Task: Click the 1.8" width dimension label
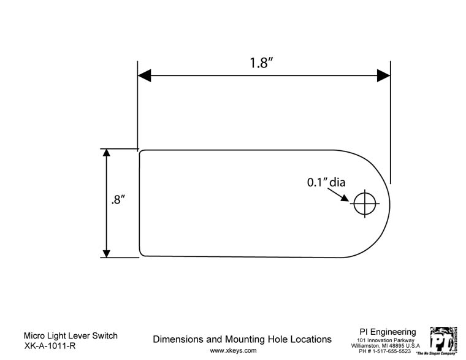[261, 64]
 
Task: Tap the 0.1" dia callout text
[326, 182]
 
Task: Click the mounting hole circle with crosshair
[364, 203]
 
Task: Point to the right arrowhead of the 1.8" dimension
[384, 75]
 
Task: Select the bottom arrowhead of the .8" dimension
[107, 252]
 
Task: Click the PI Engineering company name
[388, 332]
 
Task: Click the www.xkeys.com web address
[233, 351]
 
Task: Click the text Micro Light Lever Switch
[70, 336]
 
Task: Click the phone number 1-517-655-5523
[391, 351]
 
